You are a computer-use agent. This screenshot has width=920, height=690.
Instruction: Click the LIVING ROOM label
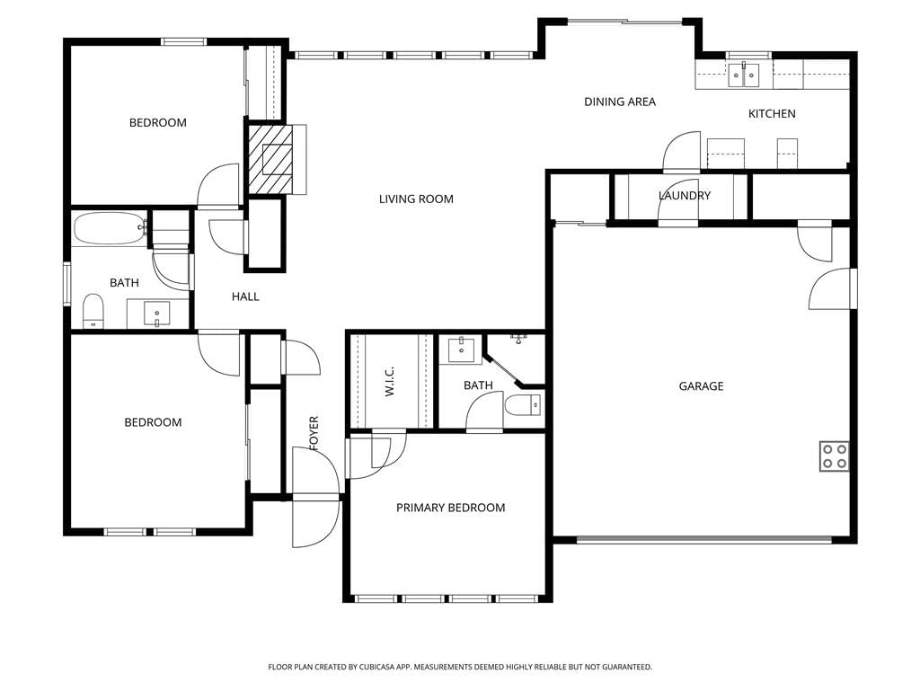(416, 199)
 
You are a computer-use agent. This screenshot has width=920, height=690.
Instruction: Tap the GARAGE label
(701, 386)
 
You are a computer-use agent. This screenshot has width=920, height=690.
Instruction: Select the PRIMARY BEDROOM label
(451, 508)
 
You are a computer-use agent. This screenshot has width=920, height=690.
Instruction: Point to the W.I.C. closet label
(390, 381)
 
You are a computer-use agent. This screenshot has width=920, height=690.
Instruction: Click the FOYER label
(314, 434)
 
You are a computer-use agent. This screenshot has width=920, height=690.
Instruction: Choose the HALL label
(245, 296)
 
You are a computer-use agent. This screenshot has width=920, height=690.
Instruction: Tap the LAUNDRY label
(685, 195)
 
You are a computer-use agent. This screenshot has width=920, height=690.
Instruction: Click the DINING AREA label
(620, 102)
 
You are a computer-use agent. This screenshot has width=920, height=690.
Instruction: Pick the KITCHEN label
(772, 114)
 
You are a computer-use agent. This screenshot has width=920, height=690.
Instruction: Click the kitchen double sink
(744, 75)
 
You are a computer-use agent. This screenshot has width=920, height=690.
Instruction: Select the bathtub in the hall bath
(111, 228)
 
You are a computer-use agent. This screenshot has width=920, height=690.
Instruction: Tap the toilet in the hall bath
(93, 311)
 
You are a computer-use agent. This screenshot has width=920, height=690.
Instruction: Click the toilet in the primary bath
(523, 405)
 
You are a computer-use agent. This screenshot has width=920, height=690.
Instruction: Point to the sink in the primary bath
(461, 350)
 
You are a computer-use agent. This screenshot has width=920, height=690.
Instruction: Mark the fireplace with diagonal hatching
(270, 159)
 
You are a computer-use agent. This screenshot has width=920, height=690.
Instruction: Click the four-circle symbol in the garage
(835, 456)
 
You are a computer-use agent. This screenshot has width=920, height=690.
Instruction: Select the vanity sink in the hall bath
(156, 314)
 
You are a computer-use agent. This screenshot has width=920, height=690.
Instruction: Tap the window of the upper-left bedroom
(183, 41)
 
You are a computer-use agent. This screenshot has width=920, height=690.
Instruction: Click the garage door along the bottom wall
(704, 540)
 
